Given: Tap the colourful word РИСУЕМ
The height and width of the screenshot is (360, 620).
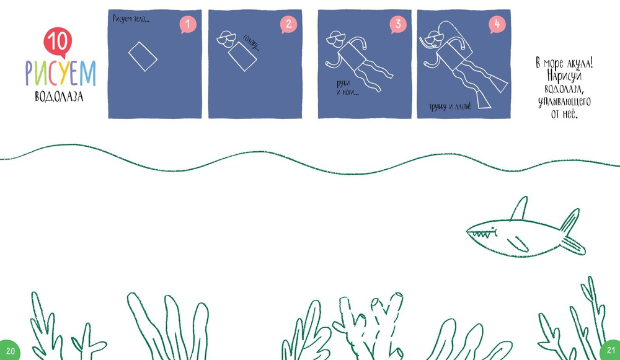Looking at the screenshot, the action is tap(61, 73).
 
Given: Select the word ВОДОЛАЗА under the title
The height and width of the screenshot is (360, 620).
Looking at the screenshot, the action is tap(59, 97).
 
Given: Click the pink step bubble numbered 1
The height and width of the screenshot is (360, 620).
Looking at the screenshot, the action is tap(188, 25).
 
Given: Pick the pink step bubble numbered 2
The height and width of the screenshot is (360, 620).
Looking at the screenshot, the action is tap(288, 25).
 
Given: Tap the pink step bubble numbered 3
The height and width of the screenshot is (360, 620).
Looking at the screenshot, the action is tap(398, 25).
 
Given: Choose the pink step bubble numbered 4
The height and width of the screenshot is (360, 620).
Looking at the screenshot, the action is tap(497, 25).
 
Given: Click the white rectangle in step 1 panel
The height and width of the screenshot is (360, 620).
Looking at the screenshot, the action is tap(143, 56).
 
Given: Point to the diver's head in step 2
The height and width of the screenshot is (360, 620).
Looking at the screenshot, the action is tap(226, 39).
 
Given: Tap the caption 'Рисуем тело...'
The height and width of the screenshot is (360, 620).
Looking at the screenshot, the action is tap(131, 19).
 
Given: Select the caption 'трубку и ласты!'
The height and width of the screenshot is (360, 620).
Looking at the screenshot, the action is tap(450, 107).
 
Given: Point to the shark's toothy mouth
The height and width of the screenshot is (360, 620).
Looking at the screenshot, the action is tap(482, 234).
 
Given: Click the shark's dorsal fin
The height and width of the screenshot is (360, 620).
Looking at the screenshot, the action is tap(519, 208).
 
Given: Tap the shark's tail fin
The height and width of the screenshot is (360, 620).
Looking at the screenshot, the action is tap(572, 233).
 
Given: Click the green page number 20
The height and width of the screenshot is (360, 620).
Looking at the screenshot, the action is tap(10, 351).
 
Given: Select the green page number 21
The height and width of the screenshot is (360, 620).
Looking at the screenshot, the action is tap(611, 350).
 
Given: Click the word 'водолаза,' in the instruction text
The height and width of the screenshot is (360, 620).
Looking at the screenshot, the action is tap(564, 89).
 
